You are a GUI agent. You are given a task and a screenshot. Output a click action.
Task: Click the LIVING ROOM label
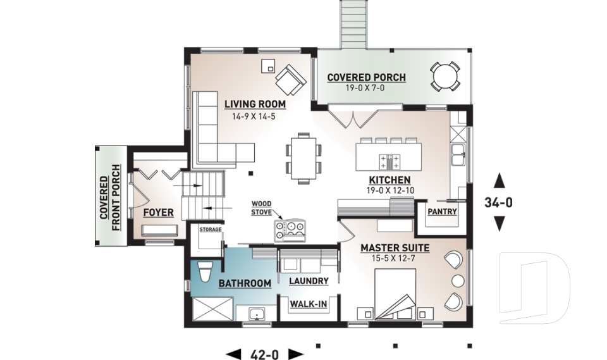pyautogui.click(x=255, y=104)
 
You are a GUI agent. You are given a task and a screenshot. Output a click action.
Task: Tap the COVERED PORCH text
pyautogui.click(x=366, y=78)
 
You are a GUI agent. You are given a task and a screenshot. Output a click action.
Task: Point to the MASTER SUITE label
pyautogui.click(x=395, y=248)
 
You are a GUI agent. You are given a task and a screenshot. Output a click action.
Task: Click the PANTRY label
pyautogui.click(x=443, y=211)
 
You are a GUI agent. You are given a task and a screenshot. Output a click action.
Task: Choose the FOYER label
pyautogui.click(x=157, y=212)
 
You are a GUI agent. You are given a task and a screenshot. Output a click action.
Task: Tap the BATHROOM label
pyautogui.click(x=245, y=283)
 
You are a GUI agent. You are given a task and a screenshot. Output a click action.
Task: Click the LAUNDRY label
pyautogui.click(x=308, y=281)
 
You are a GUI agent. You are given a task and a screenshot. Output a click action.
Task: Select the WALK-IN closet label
pyautogui.click(x=308, y=304)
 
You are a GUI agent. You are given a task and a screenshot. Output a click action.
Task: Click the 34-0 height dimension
pyautogui.click(x=499, y=203)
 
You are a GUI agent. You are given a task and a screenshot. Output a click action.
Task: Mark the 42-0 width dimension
pyautogui.click(x=265, y=354)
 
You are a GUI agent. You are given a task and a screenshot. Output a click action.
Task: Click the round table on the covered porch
pyautogui.click(x=446, y=77)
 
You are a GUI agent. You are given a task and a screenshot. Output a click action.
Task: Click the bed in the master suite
pyautogui.click(x=395, y=295)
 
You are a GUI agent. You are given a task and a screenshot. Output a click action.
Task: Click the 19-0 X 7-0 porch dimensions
pyautogui.click(x=366, y=89)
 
